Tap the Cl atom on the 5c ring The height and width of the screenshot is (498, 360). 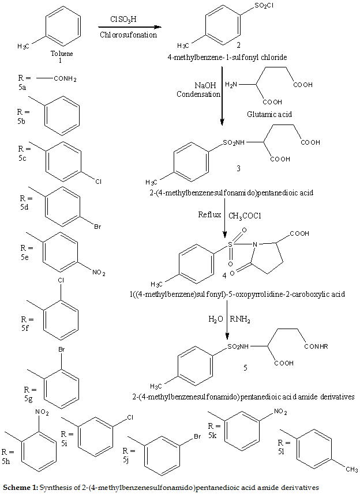coord(98,182)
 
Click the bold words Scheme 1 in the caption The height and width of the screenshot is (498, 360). coord(19,488)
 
